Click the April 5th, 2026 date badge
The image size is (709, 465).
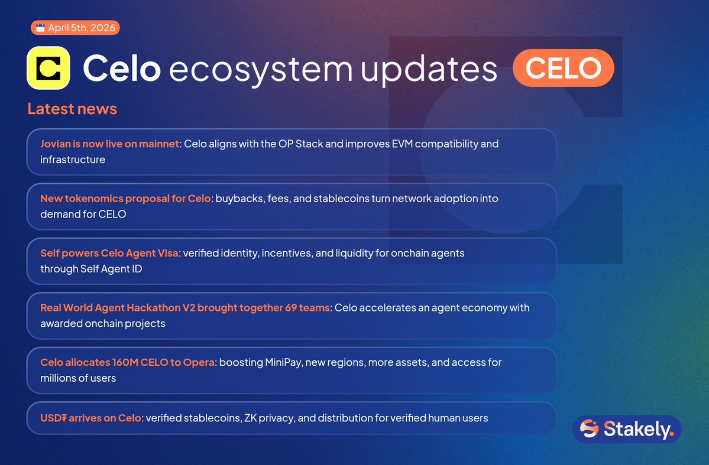pyautogui.click(x=75, y=28)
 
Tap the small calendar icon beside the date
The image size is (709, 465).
pyautogui.click(x=40, y=28)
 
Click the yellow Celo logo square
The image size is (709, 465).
pyautogui.click(x=48, y=68)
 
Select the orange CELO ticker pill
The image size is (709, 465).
pyautogui.click(x=564, y=68)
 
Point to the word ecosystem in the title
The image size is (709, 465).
pyautogui.click(x=261, y=69)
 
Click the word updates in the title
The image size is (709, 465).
pyautogui.click(x=429, y=69)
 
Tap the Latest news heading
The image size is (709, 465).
pyautogui.click(x=72, y=109)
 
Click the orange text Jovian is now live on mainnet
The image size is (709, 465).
pyautogui.click(x=110, y=144)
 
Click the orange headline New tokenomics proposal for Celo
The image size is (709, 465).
pyautogui.click(x=125, y=199)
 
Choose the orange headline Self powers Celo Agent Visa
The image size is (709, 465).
pyautogui.click(x=109, y=253)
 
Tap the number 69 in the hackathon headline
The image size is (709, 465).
pyautogui.click(x=291, y=308)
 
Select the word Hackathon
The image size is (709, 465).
pyautogui.click(x=154, y=308)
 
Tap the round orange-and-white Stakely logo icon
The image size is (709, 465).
pyautogui.click(x=589, y=428)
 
